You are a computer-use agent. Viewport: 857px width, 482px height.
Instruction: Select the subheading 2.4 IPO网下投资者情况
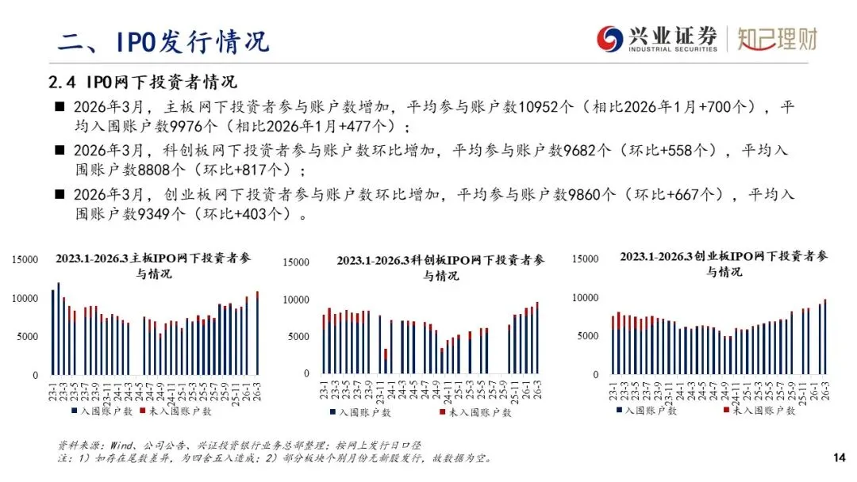143,82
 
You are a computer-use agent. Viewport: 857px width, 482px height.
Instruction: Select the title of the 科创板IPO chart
440,267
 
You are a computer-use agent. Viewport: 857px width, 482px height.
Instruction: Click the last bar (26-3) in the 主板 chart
257,333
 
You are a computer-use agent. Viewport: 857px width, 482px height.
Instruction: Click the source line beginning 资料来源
238,446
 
